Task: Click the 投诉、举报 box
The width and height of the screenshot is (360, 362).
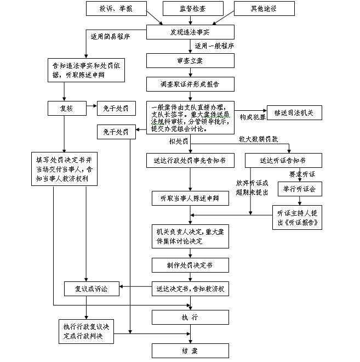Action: [116, 9]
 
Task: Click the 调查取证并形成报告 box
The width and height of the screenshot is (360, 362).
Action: [190, 84]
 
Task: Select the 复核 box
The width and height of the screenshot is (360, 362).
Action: [66, 109]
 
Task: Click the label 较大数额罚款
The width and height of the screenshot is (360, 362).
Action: [258, 139]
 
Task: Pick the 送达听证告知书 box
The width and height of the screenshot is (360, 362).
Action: [283, 160]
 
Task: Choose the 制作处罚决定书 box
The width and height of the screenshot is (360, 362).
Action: [190, 265]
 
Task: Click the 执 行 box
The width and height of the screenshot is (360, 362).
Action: [190, 318]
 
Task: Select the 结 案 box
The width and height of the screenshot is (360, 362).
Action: [190, 350]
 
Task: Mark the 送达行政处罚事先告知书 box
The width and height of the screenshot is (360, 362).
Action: [190, 160]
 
